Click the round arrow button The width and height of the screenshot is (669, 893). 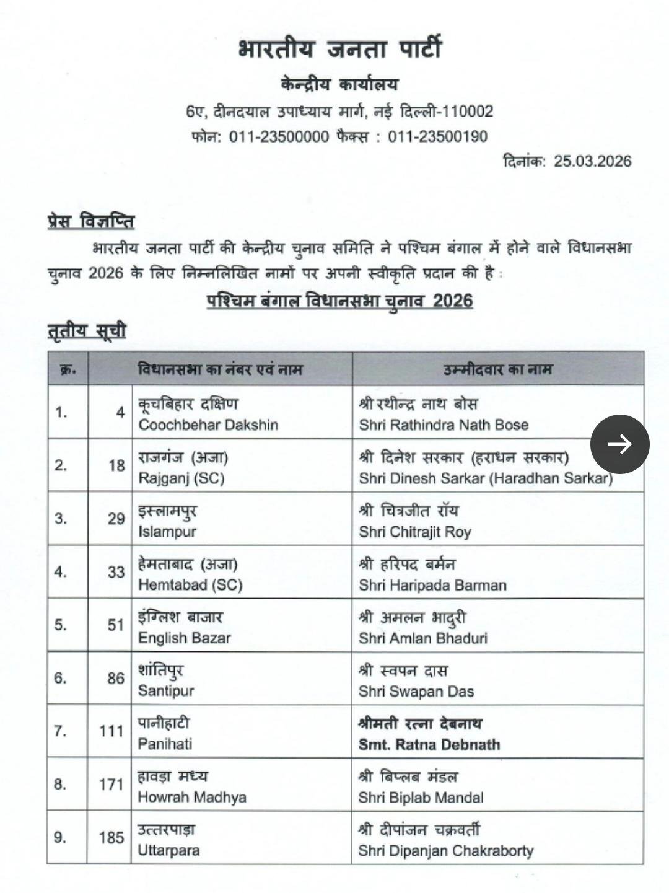point(619,444)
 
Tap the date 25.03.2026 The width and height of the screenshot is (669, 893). point(592,161)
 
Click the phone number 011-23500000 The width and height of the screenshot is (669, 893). point(279,136)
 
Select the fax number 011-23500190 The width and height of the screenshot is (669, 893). point(437,136)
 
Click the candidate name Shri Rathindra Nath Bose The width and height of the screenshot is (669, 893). point(444,425)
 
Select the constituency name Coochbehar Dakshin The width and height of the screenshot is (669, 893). point(208,425)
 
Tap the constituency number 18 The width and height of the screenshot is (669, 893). point(116,465)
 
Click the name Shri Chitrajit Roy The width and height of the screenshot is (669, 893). point(415,532)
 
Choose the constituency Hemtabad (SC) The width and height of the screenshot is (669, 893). point(190,585)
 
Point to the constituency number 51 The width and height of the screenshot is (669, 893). point(116,625)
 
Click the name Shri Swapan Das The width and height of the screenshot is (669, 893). point(416,692)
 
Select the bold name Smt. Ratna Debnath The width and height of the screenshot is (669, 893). point(429,744)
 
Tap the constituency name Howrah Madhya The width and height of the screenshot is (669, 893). point(192,798)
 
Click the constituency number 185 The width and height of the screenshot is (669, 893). point(112,838)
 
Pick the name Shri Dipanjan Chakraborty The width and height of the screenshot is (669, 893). point(445,851)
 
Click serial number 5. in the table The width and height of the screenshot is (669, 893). point(60,625)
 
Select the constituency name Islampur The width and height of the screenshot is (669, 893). point(167,532)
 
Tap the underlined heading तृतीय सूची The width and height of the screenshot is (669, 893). point(87,331)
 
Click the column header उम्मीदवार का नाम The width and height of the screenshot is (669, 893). point(497,370)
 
